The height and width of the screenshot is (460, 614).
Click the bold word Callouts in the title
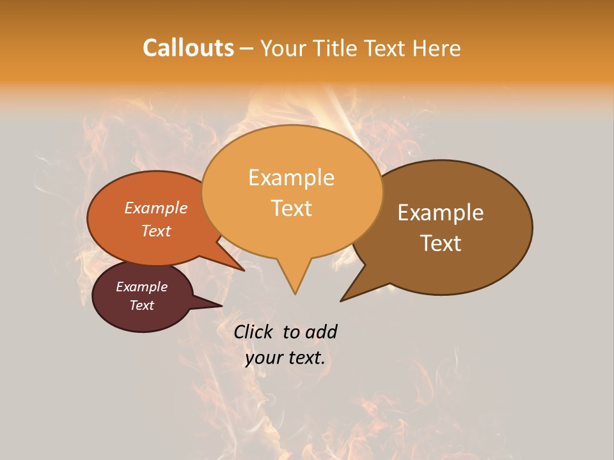pyautogui.click(x=188, y=48)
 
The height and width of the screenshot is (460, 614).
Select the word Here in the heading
pyautogui.click(x=437, y=48)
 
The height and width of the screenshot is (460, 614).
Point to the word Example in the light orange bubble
pyautogui.click(x=291, y=178)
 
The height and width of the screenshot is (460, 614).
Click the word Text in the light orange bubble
pyautogui.click(x=291, y=208)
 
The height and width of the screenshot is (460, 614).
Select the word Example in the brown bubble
pyautogui.click(x=441, y=213)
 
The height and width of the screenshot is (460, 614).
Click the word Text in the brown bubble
pyautogui.click(x=441, y=243)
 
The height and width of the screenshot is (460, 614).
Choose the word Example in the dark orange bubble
pyautogui.click(x=156, y=208)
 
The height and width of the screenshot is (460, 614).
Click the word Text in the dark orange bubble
pyautogui.click(x=156, y=231)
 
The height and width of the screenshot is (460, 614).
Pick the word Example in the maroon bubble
pyautogui.click(x=141, y=287)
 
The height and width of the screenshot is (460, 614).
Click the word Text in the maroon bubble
pyautogui.click(x=141, y=305)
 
